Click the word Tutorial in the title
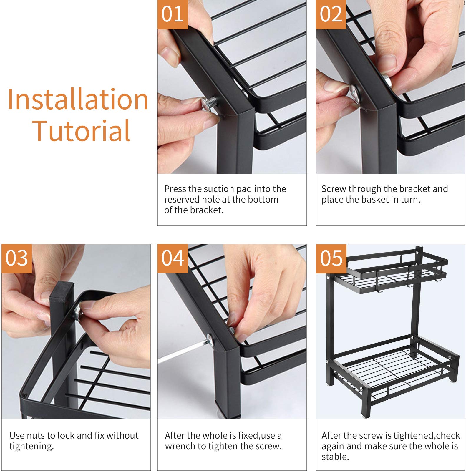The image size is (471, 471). point(82,131)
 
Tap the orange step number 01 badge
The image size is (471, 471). point(173,14)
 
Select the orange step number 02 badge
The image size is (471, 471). point(331,14)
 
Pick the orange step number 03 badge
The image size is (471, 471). point(16,258)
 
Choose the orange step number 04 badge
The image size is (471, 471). point(173,258)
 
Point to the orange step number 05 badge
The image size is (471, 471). point(331,258)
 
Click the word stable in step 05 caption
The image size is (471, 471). point(335,457)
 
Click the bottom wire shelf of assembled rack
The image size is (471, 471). point(392,368)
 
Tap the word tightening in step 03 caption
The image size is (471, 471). point(31,446)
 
